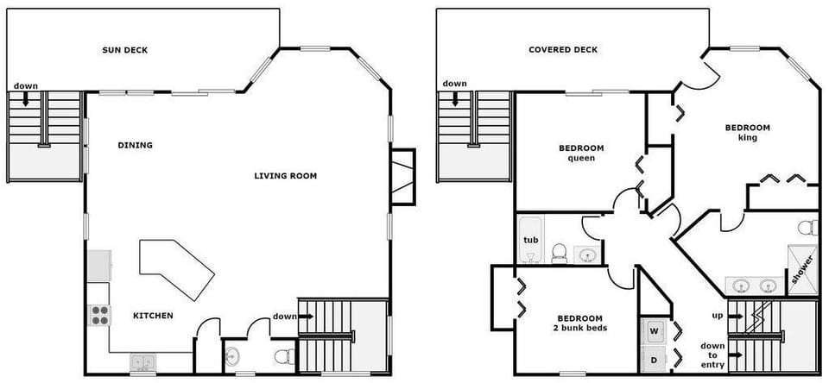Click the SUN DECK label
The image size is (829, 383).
click(124, 50)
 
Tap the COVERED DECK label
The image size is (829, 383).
click(562, 50)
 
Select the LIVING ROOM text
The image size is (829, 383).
click(285, 176)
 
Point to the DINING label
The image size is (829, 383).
click(135, 145)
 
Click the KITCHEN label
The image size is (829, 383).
click(153, 316)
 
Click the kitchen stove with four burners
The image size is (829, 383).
click(99, 316)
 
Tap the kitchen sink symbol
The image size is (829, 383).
click(142, 362)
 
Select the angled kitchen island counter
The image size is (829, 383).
click(176, 267)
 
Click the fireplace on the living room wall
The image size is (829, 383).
click(402, 177)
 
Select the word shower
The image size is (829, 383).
click(801, 270)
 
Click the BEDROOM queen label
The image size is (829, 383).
click(581, 153)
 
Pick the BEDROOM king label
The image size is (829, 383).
click(747, 132)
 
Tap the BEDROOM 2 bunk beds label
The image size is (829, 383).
click(579, 323)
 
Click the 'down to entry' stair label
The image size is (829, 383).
click(712, 355)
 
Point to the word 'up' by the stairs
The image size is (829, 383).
click(716, 315)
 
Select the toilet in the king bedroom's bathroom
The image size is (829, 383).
click(807, 228)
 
